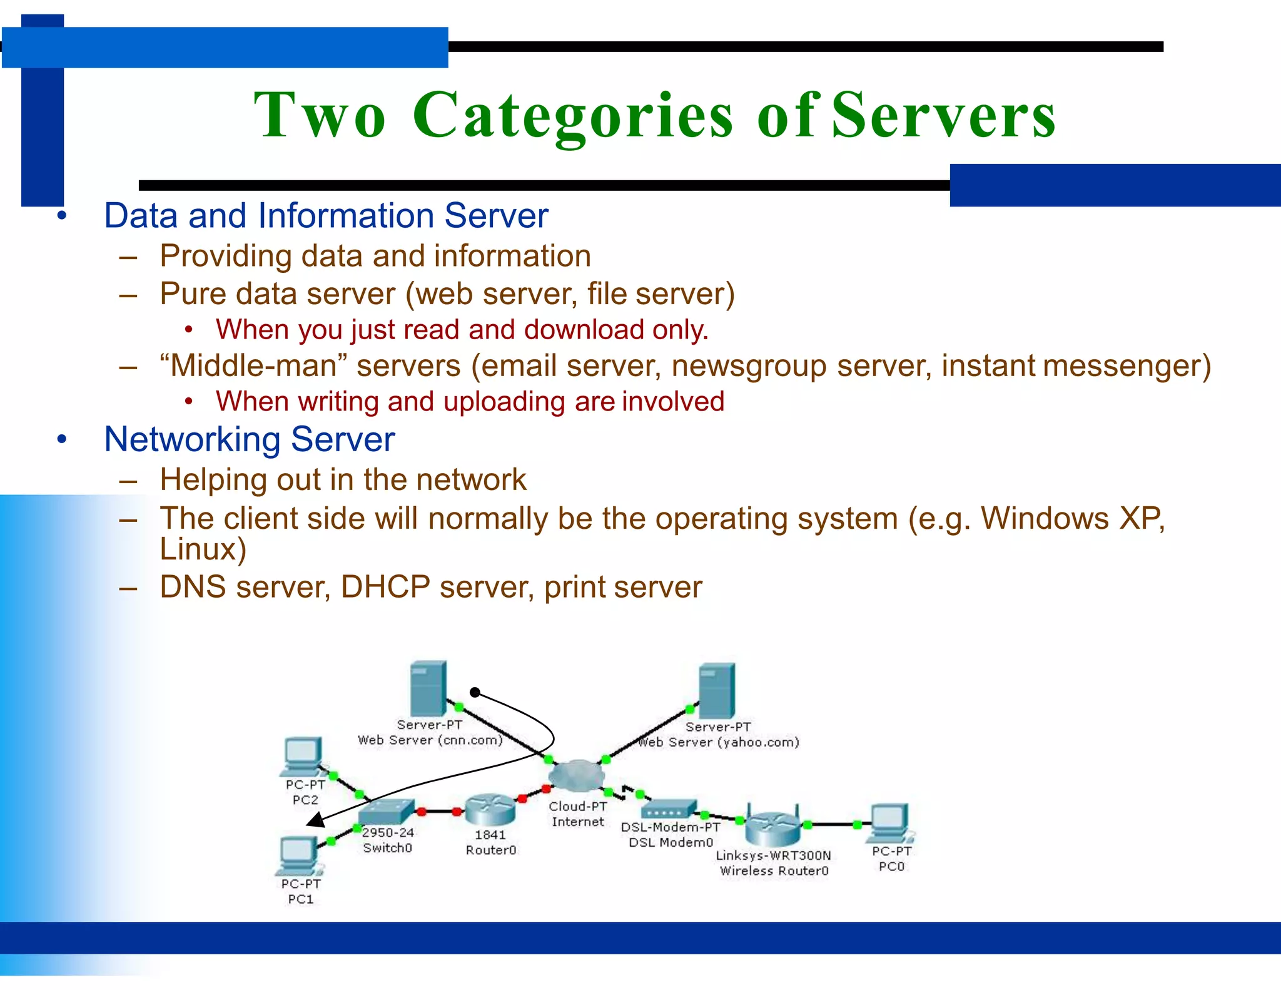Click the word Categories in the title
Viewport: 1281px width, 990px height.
pos(572,116)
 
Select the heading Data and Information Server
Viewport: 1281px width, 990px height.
pos(325,216)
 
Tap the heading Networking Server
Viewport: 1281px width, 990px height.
pos(249,439)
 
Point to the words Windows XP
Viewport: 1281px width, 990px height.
pos(1072,518)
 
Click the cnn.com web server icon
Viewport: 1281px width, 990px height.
pos(428,688)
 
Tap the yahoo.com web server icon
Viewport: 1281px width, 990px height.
pos(717,690)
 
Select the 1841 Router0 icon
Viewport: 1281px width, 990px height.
pos(490,810)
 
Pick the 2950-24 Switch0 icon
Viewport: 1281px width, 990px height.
pos(387,812)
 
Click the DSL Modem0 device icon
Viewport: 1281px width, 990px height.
pos(669,809)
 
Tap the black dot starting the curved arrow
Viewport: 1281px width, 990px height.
pos(475,692)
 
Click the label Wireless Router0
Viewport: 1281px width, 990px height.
pos(774,870)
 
